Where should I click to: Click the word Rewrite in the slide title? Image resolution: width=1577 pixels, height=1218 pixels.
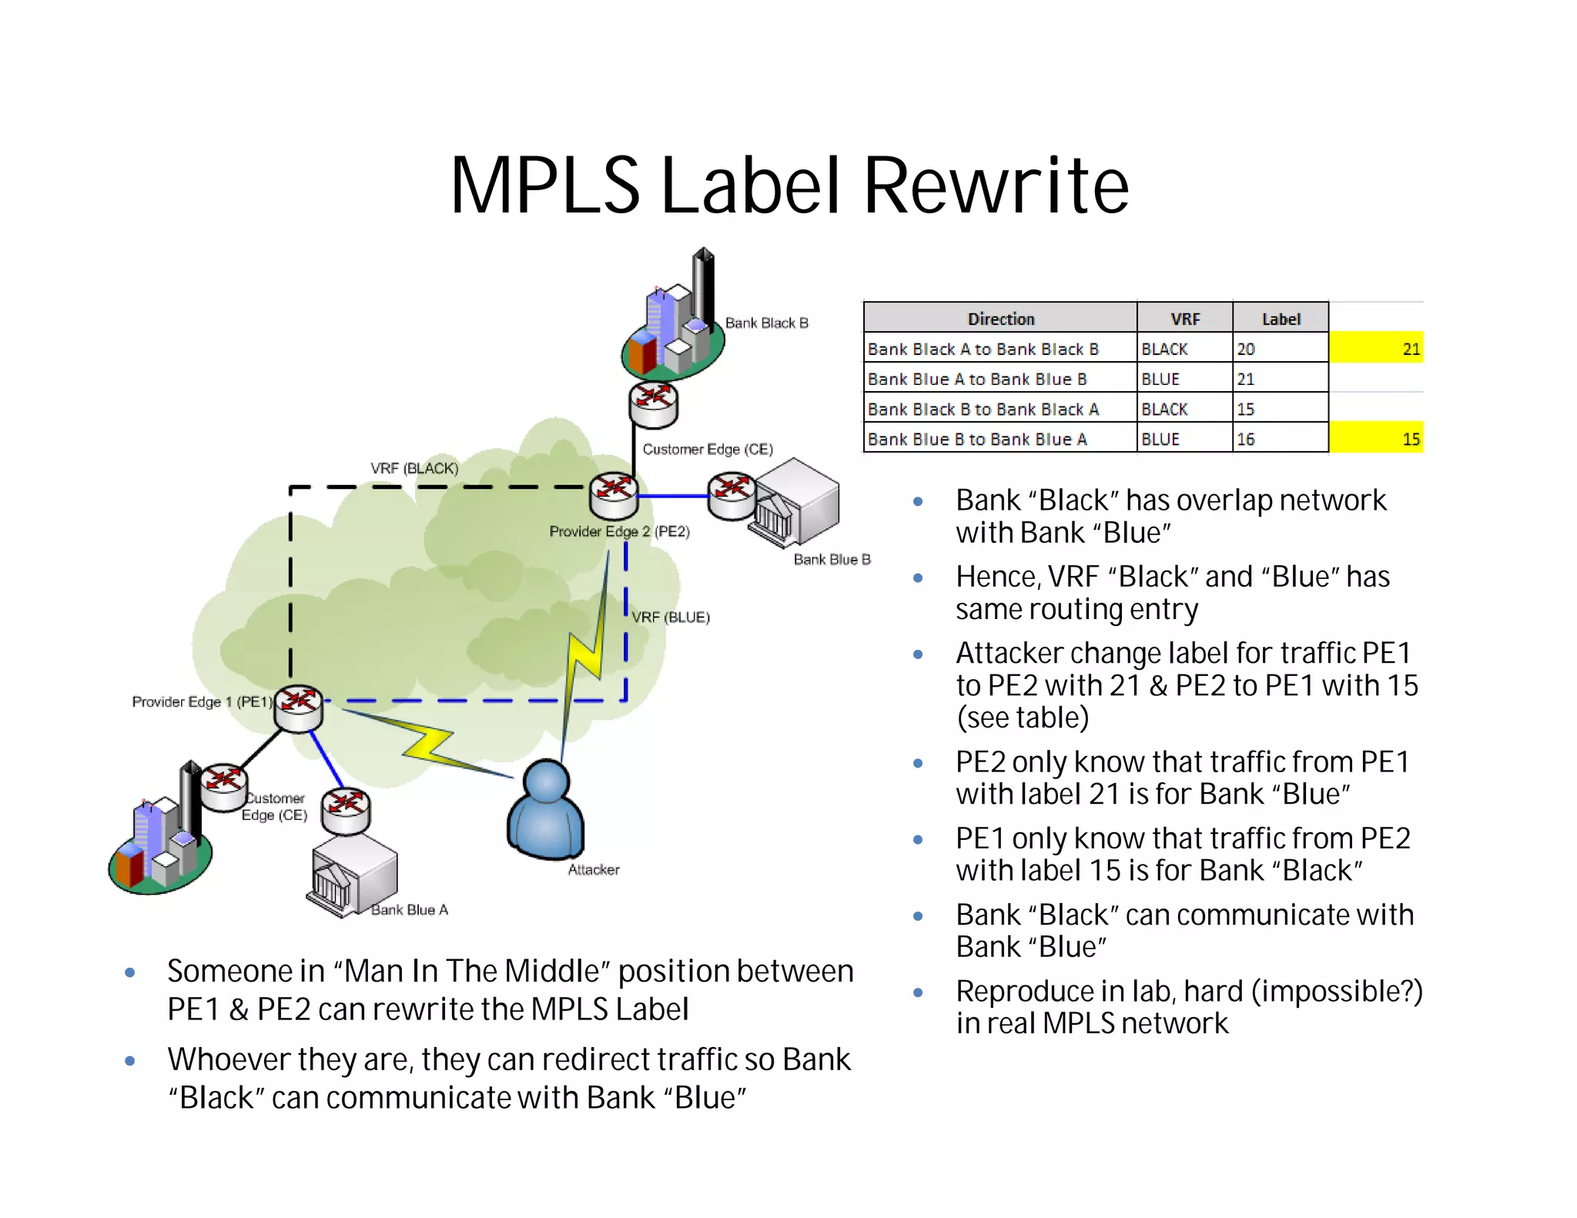coord(996,186)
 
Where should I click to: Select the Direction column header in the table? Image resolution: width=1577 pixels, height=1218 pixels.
coord(1000,318)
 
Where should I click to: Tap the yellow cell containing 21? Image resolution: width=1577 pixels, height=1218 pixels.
coord(1376,348)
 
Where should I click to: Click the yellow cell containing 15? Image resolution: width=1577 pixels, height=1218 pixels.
coord(1376,438)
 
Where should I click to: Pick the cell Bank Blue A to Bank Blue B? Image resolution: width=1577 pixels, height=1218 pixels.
coord(1000,378)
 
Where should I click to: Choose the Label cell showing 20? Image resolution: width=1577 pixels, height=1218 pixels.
coord(1280,348)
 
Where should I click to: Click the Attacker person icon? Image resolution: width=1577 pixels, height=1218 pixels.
coord(546,811)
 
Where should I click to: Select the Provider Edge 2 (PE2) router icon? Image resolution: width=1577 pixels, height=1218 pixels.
coord(614,495)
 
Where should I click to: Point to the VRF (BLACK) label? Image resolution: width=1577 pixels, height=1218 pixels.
coord(414,468)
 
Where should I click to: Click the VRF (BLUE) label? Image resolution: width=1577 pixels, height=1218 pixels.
coord(671,617)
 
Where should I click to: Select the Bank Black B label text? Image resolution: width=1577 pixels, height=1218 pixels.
coord(767,323)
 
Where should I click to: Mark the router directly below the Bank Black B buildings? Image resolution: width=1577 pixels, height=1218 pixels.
coord(654,405)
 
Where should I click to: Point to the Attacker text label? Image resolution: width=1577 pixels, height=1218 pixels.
coord(594,869)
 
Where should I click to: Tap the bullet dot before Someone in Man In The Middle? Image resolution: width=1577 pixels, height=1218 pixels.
coord(130,972)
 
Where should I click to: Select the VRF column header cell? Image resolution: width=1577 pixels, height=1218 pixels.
coord(1184,318)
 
